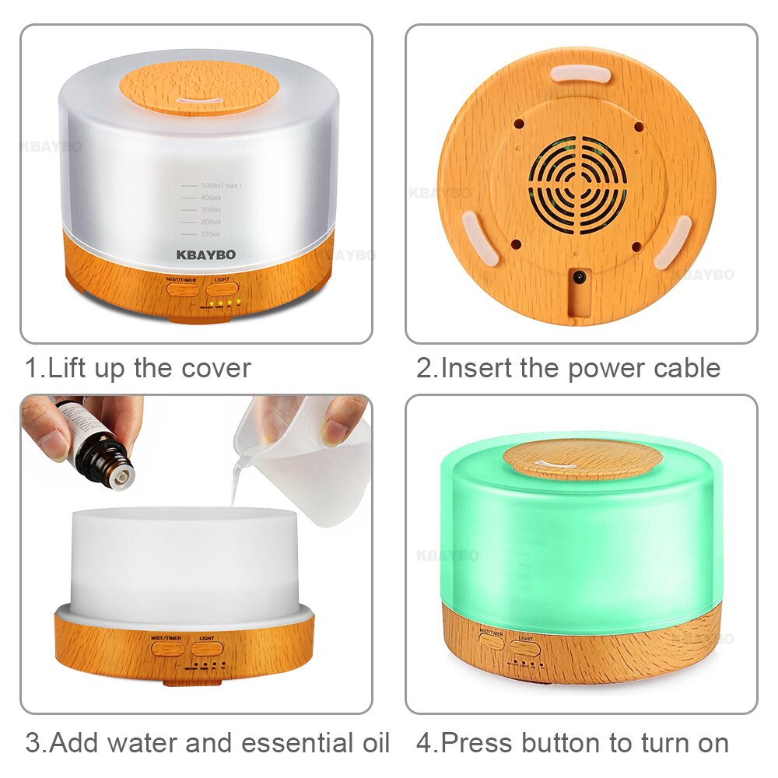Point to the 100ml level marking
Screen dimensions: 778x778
pos(211,233)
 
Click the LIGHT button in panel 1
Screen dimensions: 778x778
pos(222,287)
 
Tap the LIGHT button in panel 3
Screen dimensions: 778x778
pos(207,648)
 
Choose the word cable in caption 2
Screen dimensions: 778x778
pos(682,368)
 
